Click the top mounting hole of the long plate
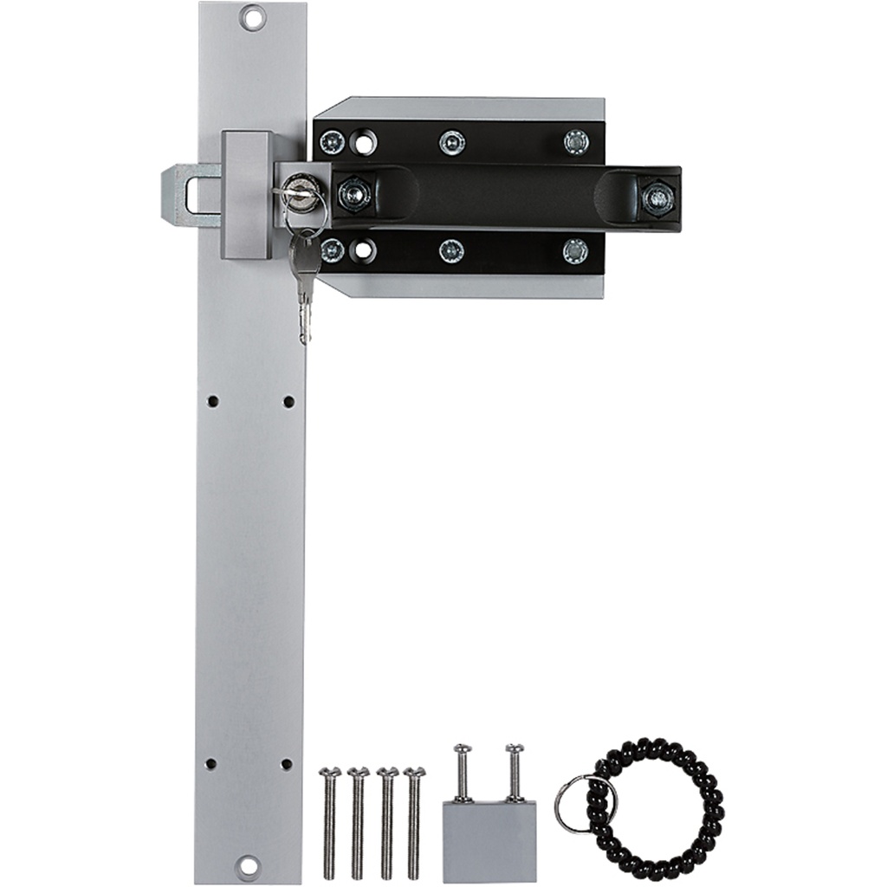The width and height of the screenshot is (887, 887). [x=252, y=16]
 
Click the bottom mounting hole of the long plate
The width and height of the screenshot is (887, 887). [x=248, y=864]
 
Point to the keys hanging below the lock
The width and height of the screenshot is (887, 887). [x=304, y=277]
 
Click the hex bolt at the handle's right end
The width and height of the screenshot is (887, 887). [x=657, y=198]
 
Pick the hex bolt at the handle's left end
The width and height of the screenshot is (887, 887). [x=353, y=194]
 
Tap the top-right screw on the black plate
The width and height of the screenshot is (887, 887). [x=576, y=141]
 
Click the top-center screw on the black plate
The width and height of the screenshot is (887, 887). [x=451, y=142]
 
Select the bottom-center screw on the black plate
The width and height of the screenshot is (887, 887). [x=450, y=251]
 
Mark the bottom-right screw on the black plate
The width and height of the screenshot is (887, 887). [x=575, y=251]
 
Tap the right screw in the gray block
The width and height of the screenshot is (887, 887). [x=515, y=771]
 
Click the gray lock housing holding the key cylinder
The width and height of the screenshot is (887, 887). [x=248, y=195]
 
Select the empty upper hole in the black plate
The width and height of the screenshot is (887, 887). [x=364, y=142]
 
